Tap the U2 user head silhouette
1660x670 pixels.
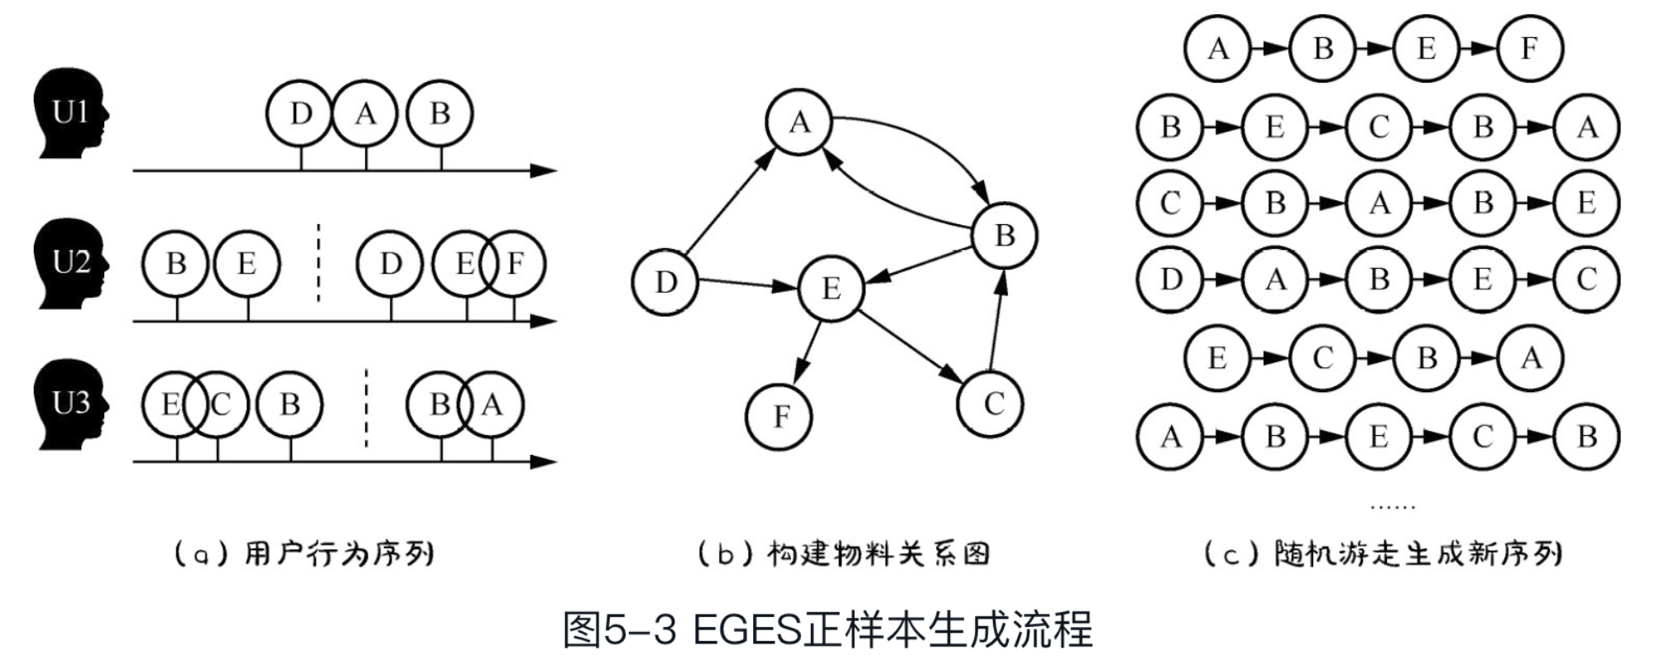coord(70,263)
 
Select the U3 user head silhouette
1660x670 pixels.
coord(70,404)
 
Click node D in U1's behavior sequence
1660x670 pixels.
coord(300,113)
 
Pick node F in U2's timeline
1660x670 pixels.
coord(515,264)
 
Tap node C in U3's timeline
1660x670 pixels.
coord(218,404)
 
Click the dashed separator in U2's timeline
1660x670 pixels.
coord(319,262)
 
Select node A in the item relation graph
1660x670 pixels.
coord(799,122)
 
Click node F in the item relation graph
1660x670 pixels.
coord(780,416)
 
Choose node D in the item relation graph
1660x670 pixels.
coord(665,282)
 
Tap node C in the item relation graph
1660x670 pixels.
coord(992,404)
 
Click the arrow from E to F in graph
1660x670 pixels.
coord(808,353)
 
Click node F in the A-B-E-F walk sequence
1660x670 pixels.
coord(1528,49)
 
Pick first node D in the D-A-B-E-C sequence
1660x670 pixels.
coord(1170,280)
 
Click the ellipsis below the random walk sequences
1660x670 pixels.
coord(1393,505)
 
